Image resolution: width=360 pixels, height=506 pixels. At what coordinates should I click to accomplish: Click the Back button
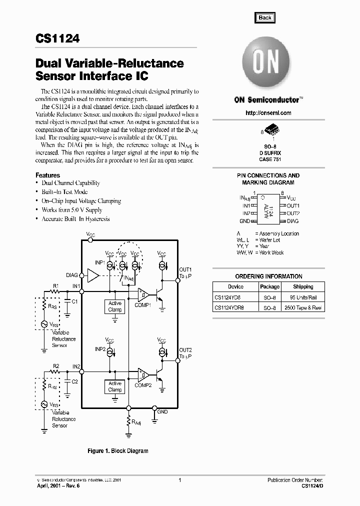pyautogui.click(x=265, y=17)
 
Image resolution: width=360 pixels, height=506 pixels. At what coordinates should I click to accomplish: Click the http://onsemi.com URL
pyautogui.click(x=268, y=113)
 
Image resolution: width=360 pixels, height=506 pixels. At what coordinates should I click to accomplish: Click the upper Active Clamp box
pyautogui.click(x=115, y=306)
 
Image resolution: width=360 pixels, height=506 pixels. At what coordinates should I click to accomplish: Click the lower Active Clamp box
pyautogui.click(x=115, y=386)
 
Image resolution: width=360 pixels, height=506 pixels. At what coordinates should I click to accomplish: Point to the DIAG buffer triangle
pyautogui.click(x=93, y=275)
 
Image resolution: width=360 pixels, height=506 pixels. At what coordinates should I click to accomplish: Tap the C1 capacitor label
pyautogui.click(x=74, y=302)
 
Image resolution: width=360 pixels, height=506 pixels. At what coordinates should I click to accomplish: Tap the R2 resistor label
pyautogui.click(x=56, y=366)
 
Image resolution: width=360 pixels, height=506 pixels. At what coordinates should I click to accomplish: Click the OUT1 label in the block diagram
pyautogui.click(x=185, y=269)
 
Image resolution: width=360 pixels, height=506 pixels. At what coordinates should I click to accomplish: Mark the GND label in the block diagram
pyautogui.click(x=163, y=412)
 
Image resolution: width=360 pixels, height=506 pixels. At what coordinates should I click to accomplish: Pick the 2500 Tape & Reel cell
pyautogui.click(x=303, y=308)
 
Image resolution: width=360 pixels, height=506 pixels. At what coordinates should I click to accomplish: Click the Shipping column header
pyautogui.click(x=303, y=287)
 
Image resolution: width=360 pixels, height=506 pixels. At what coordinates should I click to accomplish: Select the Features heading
pyautogui.click(x=47, y=175)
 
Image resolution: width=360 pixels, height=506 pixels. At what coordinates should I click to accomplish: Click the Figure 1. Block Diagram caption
pyautogui.click(x=118, y=451)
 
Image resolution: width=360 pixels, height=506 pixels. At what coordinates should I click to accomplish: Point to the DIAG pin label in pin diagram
pyautogui.click(x=293, y=220)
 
